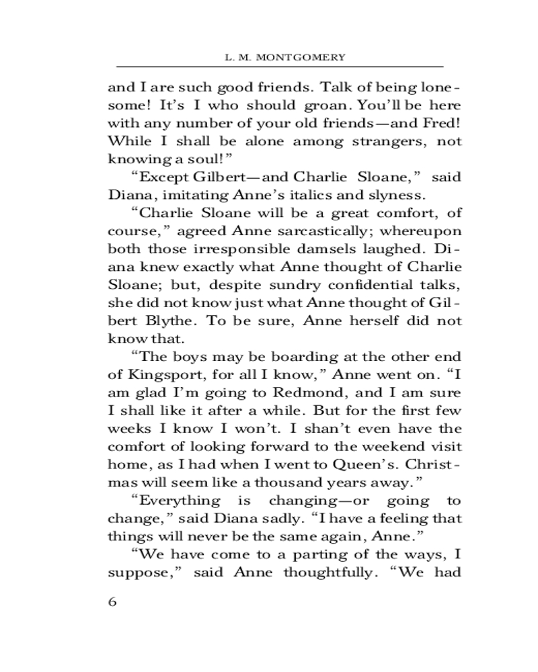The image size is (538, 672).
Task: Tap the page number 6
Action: coord(113,601)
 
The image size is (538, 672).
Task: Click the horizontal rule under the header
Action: coord(280,67)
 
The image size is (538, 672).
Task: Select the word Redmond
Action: coord(296,393)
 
